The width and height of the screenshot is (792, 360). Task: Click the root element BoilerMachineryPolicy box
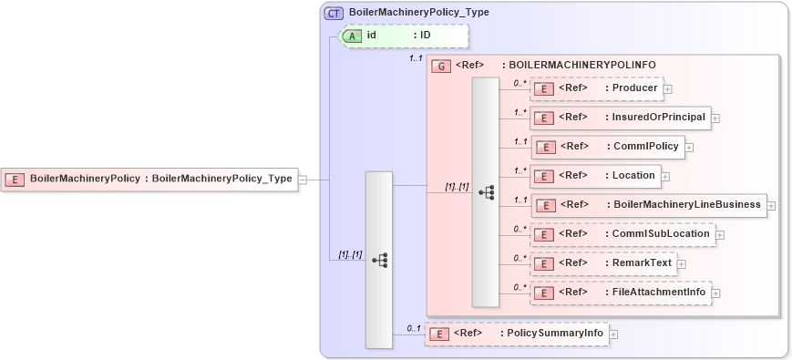[149, 179]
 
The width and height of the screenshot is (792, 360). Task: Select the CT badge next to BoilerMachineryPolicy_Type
[334, 14]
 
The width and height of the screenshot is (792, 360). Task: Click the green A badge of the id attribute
[351, 36]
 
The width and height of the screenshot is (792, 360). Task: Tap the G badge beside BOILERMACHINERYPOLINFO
[441, 66]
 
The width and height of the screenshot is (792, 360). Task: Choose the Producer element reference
[595, 88]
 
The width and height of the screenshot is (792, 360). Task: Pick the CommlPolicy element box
[607, 146]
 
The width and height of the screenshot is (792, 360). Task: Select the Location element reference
[594, 176]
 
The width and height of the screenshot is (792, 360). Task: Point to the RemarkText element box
[602, 263]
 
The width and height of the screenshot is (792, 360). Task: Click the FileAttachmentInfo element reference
[620, 293]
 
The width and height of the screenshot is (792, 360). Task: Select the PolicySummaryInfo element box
[516, 334]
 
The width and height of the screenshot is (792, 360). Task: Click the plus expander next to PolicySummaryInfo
[613, 334]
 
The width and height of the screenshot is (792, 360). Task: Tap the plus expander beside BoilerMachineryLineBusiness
[772, 206]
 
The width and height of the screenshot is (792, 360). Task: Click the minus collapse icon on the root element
[303, 180]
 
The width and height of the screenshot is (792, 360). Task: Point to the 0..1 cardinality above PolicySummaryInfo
[413, 327]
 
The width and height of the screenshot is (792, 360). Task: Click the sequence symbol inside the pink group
[486, 192]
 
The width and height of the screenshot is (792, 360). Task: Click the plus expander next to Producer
[668, 89]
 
